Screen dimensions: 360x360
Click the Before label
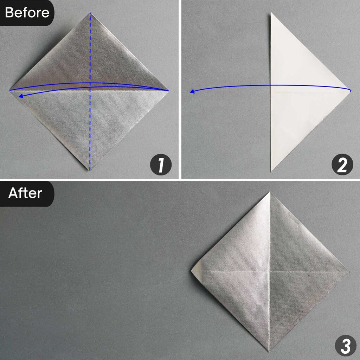pos(27,13)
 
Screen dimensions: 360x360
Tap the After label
pos(25,193)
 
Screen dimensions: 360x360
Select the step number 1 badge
pos(161,166)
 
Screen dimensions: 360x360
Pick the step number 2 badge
pos(341,166)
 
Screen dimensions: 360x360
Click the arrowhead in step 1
pos(21,96)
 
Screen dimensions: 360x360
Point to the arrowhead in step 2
pos(192,92)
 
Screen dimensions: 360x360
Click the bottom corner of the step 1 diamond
pos(90,170)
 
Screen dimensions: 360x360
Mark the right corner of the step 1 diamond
pos(169,91)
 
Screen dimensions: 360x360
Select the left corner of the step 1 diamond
pos(10,90)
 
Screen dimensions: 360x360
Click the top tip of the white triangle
pos(271,13)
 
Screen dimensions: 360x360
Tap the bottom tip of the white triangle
pos(271,171)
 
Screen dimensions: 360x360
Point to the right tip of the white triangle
pos(351,91)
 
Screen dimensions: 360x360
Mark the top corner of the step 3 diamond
pos(270,192)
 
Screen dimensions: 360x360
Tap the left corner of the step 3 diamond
pos(192,271)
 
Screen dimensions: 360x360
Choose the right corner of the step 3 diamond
pos(349,271)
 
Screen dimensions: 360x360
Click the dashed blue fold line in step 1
pos(90,134)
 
